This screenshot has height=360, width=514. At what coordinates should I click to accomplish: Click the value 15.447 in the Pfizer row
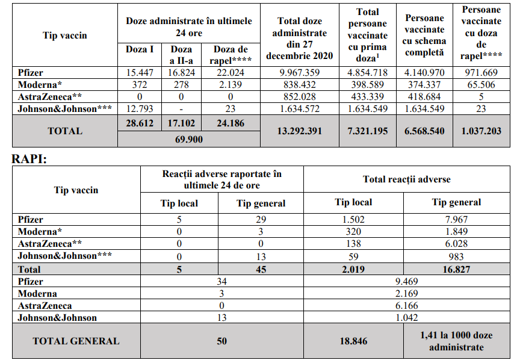(140, 73)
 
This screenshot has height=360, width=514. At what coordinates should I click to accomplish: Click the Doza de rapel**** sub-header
(231, 54)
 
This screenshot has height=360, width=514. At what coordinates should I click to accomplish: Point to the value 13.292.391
(299, 131)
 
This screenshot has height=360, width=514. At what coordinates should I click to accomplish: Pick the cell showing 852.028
(299, 97)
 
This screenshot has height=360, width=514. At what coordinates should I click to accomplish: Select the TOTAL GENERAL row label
(76, 341)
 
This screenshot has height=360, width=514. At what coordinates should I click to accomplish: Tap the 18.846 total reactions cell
(354, 341)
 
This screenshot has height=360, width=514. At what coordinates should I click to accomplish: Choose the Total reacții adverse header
(407, 179)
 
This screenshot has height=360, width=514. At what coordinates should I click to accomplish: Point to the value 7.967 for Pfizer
(456, 220)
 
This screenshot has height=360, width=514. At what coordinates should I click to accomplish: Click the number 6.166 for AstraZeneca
(407, 306)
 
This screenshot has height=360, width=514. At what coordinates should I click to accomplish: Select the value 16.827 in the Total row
(456, 269)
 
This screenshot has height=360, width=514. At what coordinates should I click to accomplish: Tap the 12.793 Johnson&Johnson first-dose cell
(140, 109)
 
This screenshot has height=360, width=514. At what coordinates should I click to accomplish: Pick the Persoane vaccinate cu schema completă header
(425, 36)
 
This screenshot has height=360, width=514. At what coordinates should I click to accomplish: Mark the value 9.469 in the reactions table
(407, 282)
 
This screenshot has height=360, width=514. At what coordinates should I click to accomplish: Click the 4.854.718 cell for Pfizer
(367, 73)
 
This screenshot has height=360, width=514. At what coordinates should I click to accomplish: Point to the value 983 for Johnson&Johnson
(456, 256)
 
